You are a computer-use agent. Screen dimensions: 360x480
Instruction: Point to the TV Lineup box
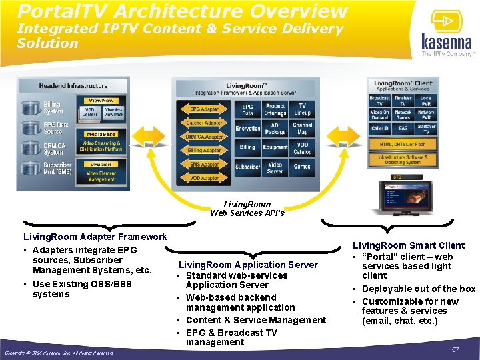coord(302,109)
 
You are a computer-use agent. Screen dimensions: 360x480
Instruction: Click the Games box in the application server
coord(302,167)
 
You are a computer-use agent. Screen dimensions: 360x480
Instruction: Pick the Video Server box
coord(275,167)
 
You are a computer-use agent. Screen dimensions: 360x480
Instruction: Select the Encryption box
coord(247,128)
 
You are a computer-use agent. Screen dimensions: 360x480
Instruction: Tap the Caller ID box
coord(379,128)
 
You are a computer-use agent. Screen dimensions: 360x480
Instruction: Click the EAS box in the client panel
coord(403,128)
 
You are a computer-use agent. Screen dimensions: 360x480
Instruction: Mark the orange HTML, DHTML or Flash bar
coord(403,144)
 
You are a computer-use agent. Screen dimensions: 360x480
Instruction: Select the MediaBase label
coord(100,134)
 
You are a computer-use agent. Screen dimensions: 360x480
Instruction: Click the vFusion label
coord(101,165)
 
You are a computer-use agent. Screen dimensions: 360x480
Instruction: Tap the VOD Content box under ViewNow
coord(89,112)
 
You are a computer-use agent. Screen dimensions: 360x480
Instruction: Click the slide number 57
coord(455,349)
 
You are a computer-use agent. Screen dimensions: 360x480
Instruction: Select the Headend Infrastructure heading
coord(73,86)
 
